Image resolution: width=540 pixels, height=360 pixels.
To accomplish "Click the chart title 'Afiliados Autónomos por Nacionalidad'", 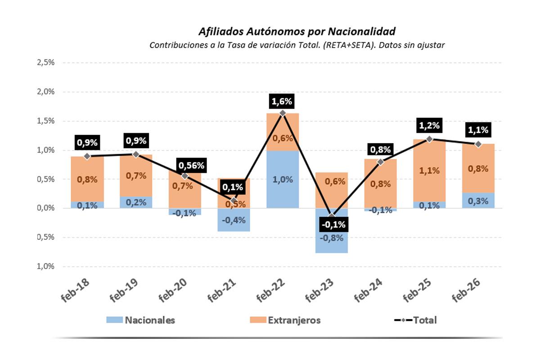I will pyautogui.click(x=297, y=31).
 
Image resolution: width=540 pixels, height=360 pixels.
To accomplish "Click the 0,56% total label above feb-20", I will pyautogui.click(x=192, y=165).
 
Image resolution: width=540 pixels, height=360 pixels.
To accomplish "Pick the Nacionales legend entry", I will pyautogui.click(x=140, y=320).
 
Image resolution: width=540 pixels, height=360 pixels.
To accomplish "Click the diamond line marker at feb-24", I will pyautogui.click(x=380, y=162).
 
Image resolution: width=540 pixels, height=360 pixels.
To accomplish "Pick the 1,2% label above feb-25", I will pyautogui.click(x=429, y=125).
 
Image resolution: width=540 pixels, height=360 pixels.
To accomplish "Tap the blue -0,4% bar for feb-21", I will pyautogui.click(x=234, y=220).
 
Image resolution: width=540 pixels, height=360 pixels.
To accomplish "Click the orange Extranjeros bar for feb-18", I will pyautogui.click(x=87, y=179).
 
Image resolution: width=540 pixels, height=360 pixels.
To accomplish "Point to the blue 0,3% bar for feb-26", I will pyautogui.click(x=478, y=201).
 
